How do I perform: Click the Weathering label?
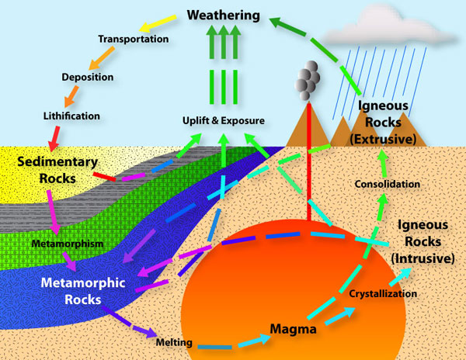224,16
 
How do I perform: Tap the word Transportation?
134,39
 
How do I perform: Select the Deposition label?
87,77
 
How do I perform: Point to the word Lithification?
71,116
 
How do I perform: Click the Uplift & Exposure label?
224,120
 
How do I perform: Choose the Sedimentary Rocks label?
57,170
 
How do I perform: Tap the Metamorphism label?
68,244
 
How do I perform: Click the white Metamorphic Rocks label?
83,291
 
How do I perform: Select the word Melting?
174,342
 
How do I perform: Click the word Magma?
293,329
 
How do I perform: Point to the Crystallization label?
383,294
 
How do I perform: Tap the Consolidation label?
388,184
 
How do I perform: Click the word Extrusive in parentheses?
383,139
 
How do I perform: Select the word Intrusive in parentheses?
423,258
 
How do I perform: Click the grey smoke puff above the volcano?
307,80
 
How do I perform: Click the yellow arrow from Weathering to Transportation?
158,23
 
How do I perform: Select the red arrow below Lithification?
54,139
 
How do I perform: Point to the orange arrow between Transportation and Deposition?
102,58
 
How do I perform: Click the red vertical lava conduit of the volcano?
309,161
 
